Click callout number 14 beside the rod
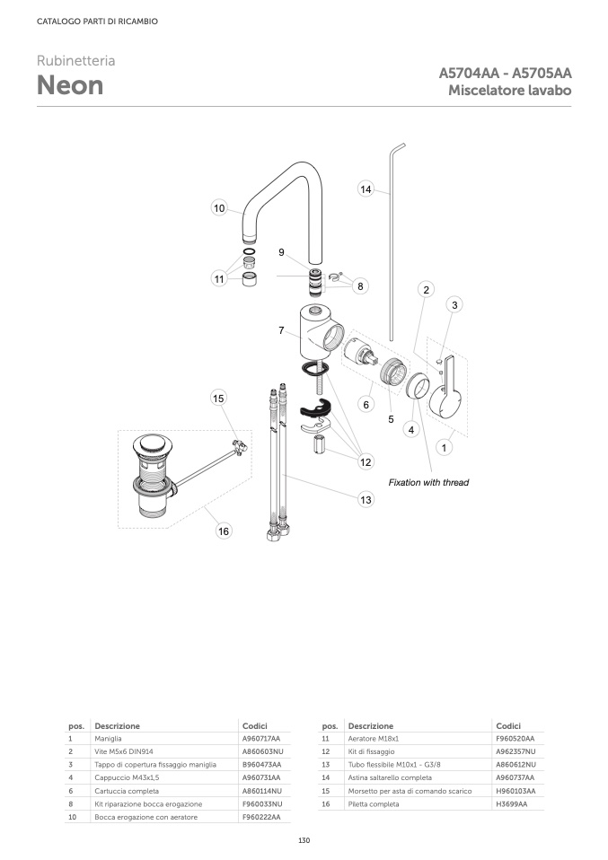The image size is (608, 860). click(x=366, y=189)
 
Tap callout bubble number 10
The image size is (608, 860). click(x=219, y=208)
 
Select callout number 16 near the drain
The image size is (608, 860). click(x=224, y=531)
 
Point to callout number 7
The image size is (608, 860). click(x=281, y=330)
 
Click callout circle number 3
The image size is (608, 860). click(x=455, y=305)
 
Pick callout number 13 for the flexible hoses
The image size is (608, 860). click(x=366, y=500)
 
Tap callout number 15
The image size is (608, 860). click(x=218, y=398)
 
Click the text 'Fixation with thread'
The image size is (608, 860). click(x=428, y=483)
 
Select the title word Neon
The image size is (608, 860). click(x=70, y=86)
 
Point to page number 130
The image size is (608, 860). click(x=304, y=840)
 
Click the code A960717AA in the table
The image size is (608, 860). click(x=261, y=738)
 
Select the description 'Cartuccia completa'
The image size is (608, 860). click(x=127, y=791)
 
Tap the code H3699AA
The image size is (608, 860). click(x=511, y=804)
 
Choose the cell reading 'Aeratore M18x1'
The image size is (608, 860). click(x=372, y=738)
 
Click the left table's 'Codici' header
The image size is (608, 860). click(x=255, y=725)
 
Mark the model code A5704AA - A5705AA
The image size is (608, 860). click(x=505, y=74)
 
